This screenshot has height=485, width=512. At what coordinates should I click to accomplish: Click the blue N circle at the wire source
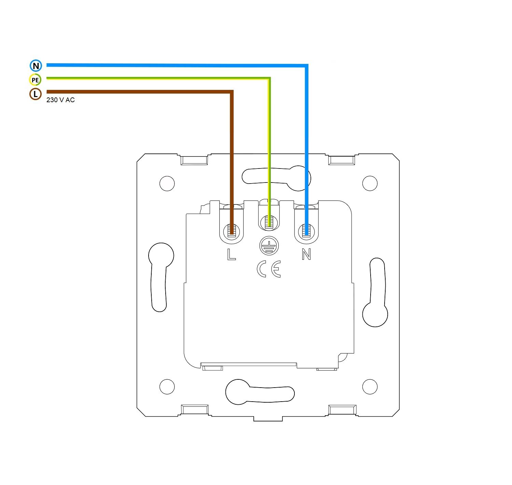pyautogui.click(x=36, y=66)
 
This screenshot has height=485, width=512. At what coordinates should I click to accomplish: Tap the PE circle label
pyautogui.click(x=35, y=80)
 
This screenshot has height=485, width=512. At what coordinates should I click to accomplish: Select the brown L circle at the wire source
pyautogui.click(x=36, y=94)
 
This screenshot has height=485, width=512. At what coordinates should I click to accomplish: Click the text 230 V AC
pyautogui.click(x=60, y=100)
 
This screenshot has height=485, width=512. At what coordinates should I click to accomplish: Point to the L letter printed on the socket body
pyautogui.click(x=231, y=254)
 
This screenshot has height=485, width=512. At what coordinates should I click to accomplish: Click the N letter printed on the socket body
pyautogui.click(x=306, y=254)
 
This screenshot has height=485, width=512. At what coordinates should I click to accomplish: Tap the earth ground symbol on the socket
pyautogui.click(x=269, y=246)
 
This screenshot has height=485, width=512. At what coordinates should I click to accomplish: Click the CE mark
pyautogui.click(x=269, y=269)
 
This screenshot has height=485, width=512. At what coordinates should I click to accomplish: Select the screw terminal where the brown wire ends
pyautogui.click(x=231, y=230)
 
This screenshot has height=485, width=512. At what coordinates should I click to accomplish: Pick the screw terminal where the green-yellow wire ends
pyautogui.click(x=269, y=222)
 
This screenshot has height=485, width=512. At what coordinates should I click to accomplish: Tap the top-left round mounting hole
pyautogui.click(x=167, y=184)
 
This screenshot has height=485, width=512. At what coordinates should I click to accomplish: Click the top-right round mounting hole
pyautogui.click(x=370, y=183)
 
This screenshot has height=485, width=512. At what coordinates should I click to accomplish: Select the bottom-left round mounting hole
pyautogui.click(x=167, y=387)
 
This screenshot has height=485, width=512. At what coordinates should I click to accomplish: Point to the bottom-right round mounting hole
pyautogui.click(x=370, y=387)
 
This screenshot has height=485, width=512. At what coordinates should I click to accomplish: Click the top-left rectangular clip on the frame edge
pyautogui.click(x=194, y=160)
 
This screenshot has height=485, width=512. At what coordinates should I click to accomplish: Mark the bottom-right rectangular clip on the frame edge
pyautogui.click(x=342, y=410)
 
